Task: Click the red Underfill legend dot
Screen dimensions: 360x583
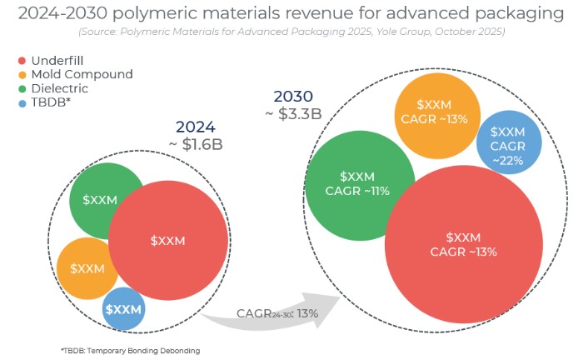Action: click(22, 62)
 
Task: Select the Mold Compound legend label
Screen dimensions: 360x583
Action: click(81, 74)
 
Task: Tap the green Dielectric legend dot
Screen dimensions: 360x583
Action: click(22, 87)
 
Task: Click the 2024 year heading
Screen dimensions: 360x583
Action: click(196, 127)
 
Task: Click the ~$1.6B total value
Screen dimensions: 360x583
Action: click(196, 143)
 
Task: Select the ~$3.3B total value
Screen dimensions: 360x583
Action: click(294, 113)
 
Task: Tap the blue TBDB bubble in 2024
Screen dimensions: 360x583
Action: click(123, 309)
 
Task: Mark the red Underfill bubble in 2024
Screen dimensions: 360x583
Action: click(168, 240)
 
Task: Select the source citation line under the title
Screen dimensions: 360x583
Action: click(291, 33)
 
